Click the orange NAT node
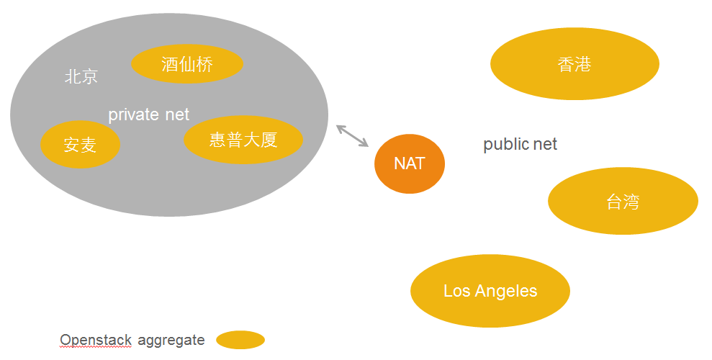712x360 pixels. [x=409, y=163]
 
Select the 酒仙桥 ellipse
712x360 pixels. [x=187, y=64]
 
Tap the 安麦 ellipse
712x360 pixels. [x=80, y=144]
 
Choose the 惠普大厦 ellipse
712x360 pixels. [x=243, y=139]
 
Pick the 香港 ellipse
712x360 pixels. [x=574, y=64]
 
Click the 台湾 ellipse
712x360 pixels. [x=623, y=202]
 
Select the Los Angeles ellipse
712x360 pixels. [x=490, y=291]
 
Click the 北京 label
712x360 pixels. [x=81, y=76]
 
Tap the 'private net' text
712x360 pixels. [x=148, y=114]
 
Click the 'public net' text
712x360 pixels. [x=520, y=144]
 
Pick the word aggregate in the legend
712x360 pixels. [x=171, y=340]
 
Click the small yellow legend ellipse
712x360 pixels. [x=240, y=340]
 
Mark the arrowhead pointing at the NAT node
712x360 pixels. [x=365, y=144]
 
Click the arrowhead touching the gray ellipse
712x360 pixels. [x=340, y=128]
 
